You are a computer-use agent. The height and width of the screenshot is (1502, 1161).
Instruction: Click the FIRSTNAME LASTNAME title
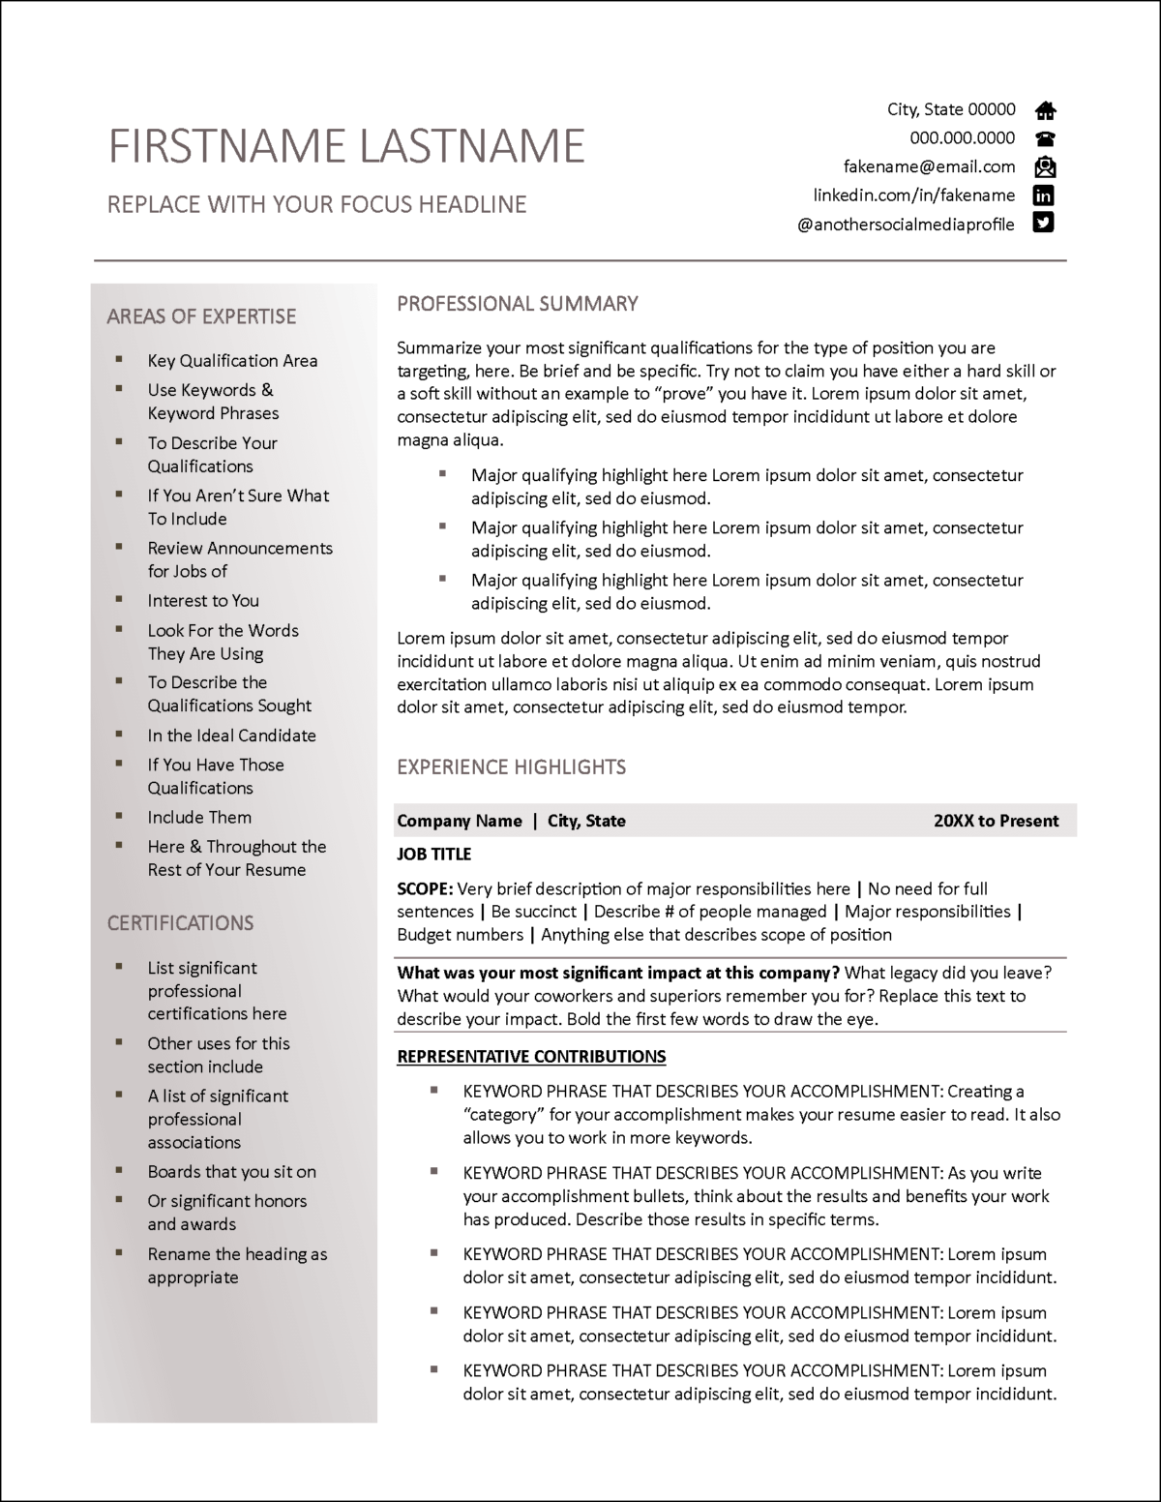[x=346, y=146]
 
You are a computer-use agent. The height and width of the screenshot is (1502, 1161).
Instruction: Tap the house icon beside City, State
[x=1045, y=109]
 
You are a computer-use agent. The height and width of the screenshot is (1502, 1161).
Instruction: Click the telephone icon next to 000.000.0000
[x=1045, y=138]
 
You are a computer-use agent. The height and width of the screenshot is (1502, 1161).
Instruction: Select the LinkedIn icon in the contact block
[x=1044, y=195]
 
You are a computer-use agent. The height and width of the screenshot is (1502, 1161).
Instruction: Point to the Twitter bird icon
[x=1043, y=224]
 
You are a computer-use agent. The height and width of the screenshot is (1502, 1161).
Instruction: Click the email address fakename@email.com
[x=929, y=166]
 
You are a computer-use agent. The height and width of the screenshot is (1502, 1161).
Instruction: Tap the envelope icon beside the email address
[x=1045, y=166]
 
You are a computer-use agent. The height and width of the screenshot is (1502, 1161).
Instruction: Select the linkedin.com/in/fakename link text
[x=913, y=195]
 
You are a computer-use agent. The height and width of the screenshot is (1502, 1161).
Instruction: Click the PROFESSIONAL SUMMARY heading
[x=517, y=304]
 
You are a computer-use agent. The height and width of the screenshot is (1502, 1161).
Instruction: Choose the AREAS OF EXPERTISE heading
[x=201, y=316]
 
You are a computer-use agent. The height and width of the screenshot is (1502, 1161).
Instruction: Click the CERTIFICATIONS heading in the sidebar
[x=180, y=923]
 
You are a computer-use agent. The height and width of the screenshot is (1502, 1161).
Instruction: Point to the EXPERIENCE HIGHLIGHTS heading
[x=511, y=767]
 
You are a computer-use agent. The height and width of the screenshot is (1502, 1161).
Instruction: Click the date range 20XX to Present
[x=996, y=821]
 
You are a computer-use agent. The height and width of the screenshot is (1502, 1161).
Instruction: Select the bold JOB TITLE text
[x=433, y=854]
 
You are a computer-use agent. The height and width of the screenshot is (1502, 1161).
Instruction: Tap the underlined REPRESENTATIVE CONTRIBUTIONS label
[x=531, y=1056]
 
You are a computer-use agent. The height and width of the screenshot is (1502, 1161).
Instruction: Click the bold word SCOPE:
[x=424, y=888]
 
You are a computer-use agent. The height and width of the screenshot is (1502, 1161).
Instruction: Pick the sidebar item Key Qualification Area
[x=232, y=361]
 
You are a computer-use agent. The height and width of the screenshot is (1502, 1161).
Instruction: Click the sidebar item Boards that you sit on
[x=231, y=1172]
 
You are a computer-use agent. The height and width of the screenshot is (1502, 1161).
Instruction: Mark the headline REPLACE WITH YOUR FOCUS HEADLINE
[x=316, y=205]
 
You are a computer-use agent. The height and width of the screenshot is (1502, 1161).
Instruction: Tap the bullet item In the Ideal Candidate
[x=231, y=736]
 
